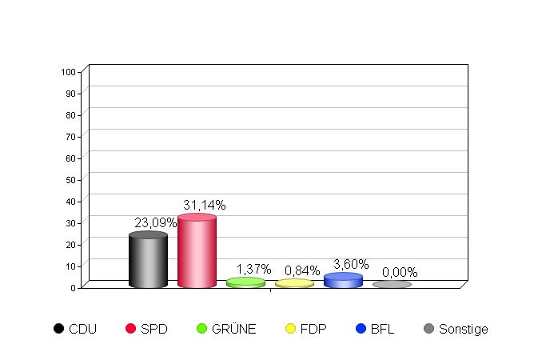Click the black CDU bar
pyautogui.click(x=148, y=261)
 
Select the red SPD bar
pyautogui.click(x=197, y=252)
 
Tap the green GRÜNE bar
pyautogui.click(x=245, y=282)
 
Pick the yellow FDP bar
pyautogui.click(x=294, y=283)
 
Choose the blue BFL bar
pyautogui.click(x=343, y=280)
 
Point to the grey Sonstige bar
pyautogui.click(x=392, y=284)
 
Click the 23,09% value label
pyautogui.click(x=155, y=223)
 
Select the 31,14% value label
pyautogui.click(x=204, y=206)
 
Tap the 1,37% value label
pyautogui.click(x=253, y=270)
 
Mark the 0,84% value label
pyautogui.click(x=302, y=271)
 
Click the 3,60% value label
pyautogui.click(x=351, y=265)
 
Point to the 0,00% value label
pyautogui.click(x=400, y=273)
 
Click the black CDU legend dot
pyautogui.click(x=58, y=329)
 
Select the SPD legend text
pyautogui.click(x=154, y=329)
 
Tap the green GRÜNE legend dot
pyautogui.click(x=201, y=329)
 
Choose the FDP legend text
pyautogui.click(x=313, y=329)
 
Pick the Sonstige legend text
pyautogui.click(x=463, y=329)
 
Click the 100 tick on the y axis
pyautogui.click(x=68, y=72)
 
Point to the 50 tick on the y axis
pyautogui.click(x=70, y=180)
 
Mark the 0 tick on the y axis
pyautogui.click(x=73, y=287)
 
